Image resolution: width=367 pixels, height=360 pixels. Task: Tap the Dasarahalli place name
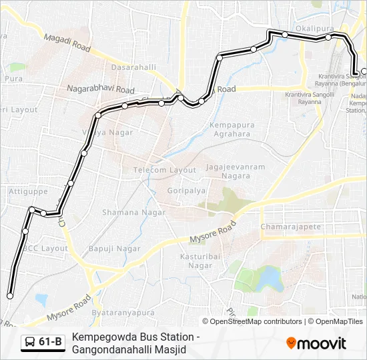click(x=134, y=67)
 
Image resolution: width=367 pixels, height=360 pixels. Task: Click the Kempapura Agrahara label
click(x=230, y=129)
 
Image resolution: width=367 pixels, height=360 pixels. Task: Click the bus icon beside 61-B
click(x=30, y=343)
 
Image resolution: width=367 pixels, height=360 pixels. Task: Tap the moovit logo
click(x=316, y=343)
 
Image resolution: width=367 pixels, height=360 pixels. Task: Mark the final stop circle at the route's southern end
click(x=10, y=296)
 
